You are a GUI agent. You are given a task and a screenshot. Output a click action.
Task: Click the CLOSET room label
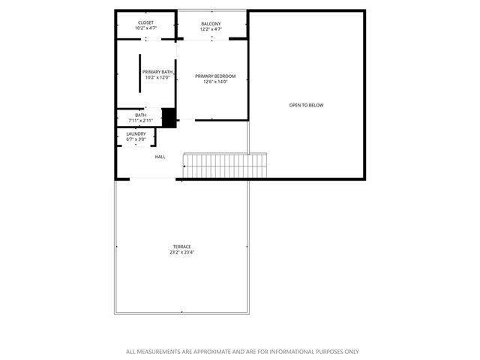pos(145,23)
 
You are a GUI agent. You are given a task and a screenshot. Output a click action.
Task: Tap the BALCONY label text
pos(211,23)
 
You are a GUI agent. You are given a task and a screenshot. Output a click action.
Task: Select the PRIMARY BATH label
pos(157,72)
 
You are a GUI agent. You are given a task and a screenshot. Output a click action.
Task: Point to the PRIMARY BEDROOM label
pos(215,76)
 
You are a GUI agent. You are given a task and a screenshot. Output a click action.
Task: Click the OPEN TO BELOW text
pos(306,105)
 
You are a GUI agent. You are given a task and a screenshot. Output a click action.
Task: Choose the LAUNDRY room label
pos(136,134)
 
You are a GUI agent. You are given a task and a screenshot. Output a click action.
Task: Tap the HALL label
pos(160,157)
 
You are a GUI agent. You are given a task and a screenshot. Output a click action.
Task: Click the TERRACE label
pos(181,247)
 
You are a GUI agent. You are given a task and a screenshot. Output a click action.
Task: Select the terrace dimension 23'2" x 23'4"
pos(181,253)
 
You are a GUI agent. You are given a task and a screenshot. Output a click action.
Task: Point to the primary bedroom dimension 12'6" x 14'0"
pos(215,82)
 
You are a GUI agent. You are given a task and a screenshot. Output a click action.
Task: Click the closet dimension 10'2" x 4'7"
pos(145,28)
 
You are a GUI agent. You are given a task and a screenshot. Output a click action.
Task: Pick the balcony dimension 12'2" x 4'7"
pos(211,28)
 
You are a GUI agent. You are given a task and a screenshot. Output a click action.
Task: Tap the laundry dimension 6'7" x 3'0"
pos(136,139)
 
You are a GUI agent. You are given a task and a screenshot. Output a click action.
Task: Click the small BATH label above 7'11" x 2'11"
pos(140,115)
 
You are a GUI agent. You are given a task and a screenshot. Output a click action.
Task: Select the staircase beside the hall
pos(225,164)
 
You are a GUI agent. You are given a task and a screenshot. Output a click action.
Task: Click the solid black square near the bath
pos(169,118)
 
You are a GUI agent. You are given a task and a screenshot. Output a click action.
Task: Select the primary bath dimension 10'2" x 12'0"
pos(157,77)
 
